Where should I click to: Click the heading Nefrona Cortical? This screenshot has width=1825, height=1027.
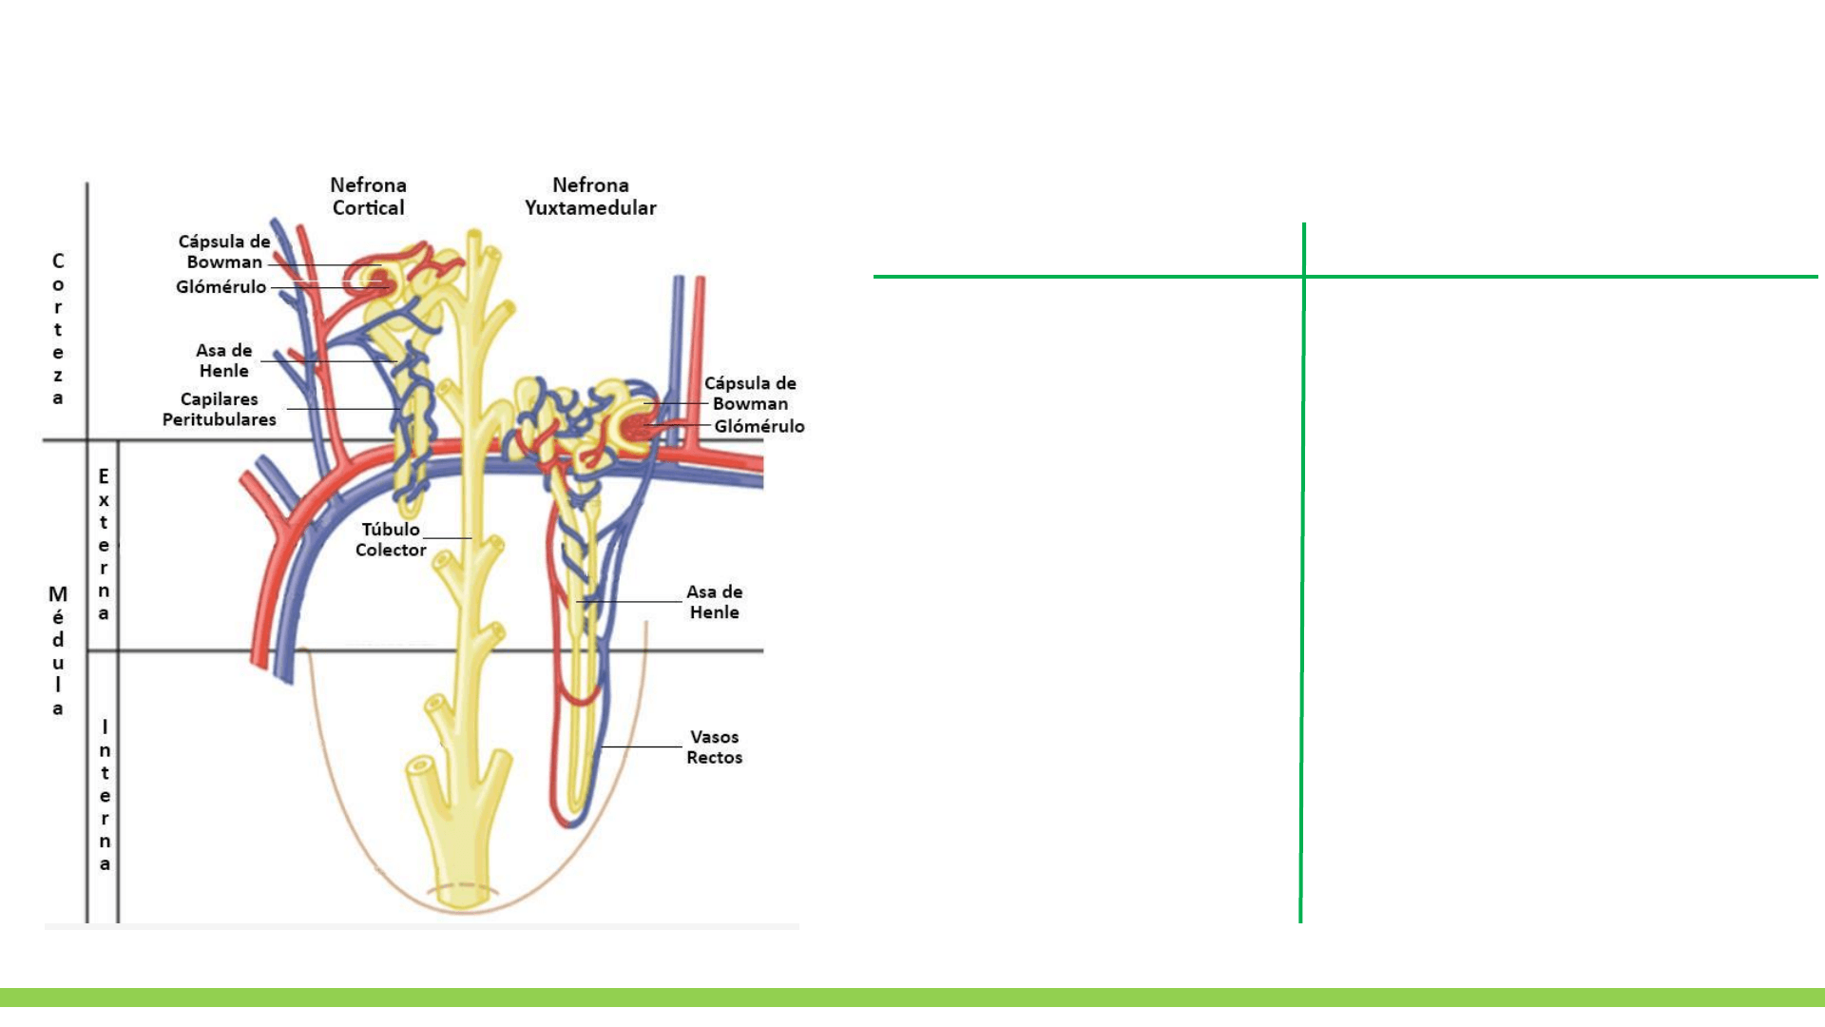tap(368, 197)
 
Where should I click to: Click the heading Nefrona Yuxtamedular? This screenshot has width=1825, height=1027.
tap(590, 197)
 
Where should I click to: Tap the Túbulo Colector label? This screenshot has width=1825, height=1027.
tap(390, 539)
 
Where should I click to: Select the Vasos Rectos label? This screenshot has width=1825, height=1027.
tap(714, 747)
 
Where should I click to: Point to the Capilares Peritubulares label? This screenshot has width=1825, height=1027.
tap(219, 409)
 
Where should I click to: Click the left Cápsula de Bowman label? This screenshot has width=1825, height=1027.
tap(224, 251)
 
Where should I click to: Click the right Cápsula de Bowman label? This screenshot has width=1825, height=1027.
tap(750, 393)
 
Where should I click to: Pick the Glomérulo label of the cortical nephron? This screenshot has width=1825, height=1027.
tap(221, 287)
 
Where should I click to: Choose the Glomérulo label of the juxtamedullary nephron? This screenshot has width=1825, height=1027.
tap(759, 426)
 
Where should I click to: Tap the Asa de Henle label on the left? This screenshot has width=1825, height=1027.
tap(224, 360)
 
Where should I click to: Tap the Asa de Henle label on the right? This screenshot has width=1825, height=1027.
tap(714, 602)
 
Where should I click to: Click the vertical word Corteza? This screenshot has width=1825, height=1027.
tap(58, 329)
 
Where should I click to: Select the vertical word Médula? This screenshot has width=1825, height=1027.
tap(58, 650)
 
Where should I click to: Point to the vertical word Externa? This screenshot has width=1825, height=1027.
tap(104, 544)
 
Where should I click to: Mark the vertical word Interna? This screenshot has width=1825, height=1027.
tap(105, 795)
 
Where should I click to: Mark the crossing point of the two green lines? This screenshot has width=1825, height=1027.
tap(1303, 277)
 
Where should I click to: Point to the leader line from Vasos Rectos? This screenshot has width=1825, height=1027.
tap(642, 746)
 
